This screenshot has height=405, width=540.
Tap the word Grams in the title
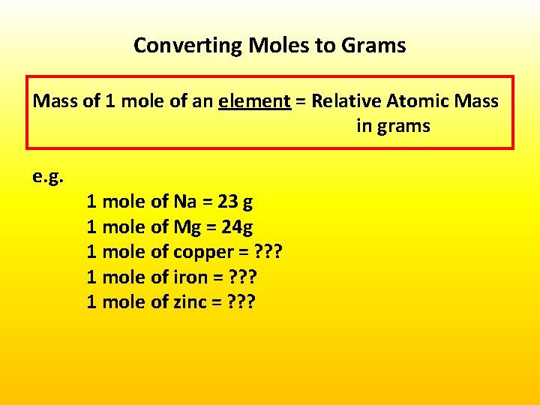(x=373, y=46)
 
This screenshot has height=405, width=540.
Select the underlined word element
(x=254, y=100)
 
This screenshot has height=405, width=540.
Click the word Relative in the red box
(x=345, y=100)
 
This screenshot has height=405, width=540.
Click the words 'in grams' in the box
(x=393, y=126)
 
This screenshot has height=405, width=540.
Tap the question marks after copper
(x=268, y=252)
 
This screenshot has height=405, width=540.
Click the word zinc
(x=190, y=302)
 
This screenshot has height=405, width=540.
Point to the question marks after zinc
(x=241, y=302)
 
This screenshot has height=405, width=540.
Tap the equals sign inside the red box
(x=301, y=101)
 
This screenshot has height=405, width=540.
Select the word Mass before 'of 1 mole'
(x=55, y=100)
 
